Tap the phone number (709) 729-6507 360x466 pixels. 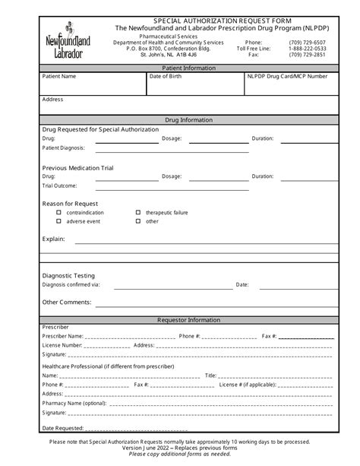308,42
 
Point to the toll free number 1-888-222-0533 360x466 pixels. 308,48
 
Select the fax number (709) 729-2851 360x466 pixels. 308,55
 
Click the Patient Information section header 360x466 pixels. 179,68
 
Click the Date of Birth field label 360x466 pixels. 166,77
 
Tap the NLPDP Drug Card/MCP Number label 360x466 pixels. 287,77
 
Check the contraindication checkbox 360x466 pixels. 59,213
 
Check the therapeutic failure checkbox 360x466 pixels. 138,213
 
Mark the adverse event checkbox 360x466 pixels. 59,221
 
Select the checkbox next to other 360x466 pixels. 138,221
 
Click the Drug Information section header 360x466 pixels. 179,120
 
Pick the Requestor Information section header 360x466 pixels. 179,320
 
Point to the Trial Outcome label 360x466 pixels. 59,185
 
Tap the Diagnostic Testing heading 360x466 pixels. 68,275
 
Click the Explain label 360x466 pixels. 53,239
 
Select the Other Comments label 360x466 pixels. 67,302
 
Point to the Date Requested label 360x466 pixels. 63,429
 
